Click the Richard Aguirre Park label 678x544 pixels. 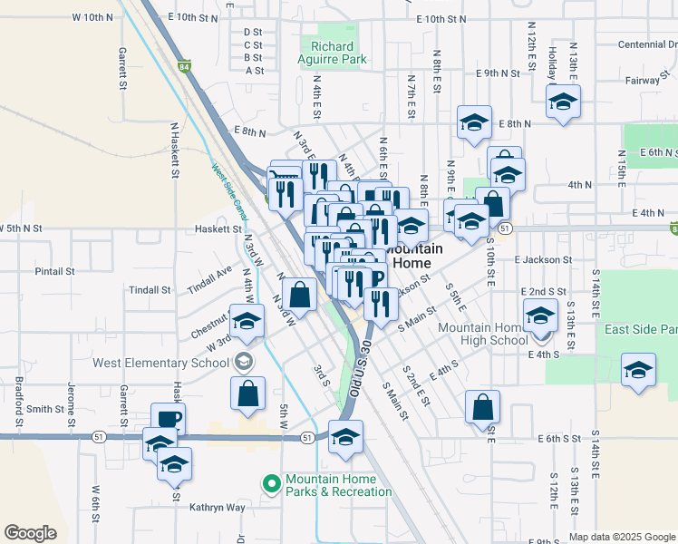(332, 53)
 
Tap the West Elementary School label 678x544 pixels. (160, 363)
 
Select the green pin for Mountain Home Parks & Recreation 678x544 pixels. (269, 484)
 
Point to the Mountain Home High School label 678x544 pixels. (482, 334)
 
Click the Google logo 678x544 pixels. (30, 533)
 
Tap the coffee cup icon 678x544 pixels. (168, 418)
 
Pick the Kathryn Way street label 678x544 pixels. (218, 508)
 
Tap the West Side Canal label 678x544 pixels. (229, 190)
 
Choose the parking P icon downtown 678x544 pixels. (377, 278)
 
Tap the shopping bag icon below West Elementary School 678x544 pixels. (247, 393)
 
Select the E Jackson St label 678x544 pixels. (542, 259)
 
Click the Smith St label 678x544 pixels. (44, 409)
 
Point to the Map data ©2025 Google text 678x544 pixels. (622, 537)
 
